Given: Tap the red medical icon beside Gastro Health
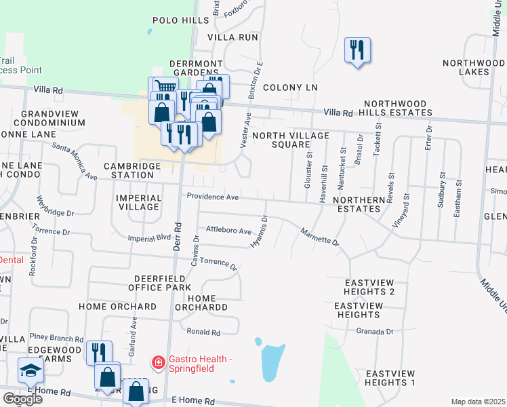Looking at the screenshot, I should point(158,363).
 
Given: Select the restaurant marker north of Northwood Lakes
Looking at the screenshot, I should point(357,50).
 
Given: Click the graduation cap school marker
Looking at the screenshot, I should point(31,371).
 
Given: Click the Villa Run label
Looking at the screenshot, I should point(233,37).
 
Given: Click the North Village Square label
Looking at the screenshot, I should point(290,140).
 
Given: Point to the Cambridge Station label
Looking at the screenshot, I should point(132,170).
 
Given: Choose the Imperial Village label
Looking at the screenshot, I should point(140,202).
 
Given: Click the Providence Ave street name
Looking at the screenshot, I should point(213,197).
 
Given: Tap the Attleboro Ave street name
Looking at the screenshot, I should point(229,231).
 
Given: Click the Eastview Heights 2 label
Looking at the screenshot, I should point(369,287).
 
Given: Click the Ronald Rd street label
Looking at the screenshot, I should point(204,332).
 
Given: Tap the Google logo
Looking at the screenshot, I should point(22,399).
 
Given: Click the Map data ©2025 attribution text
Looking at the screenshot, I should point(478,402).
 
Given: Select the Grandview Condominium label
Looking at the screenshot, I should point(53,119).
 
